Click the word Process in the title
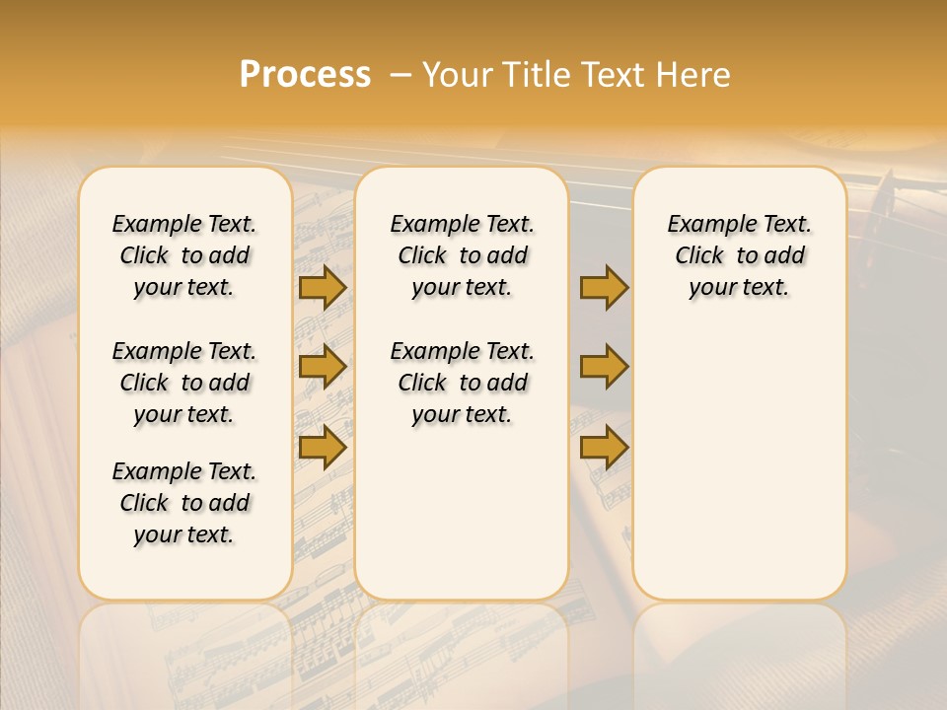coord(305,74)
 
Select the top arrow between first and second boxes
coord(322,287)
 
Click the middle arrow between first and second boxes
coord(322,367)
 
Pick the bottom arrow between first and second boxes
coord(322,447)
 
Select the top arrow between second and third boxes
coord(604,287)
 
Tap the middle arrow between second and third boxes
coord(604,367)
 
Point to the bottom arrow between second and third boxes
coord(604,447)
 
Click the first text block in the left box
coord(184,255)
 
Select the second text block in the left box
coord(184,383)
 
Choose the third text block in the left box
coord(184,503)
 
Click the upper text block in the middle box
coord(462,255)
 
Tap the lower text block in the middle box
coord(462,383)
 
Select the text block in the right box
coord(739,255)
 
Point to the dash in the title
coord(400,75)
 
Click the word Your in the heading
coord(454,75)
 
